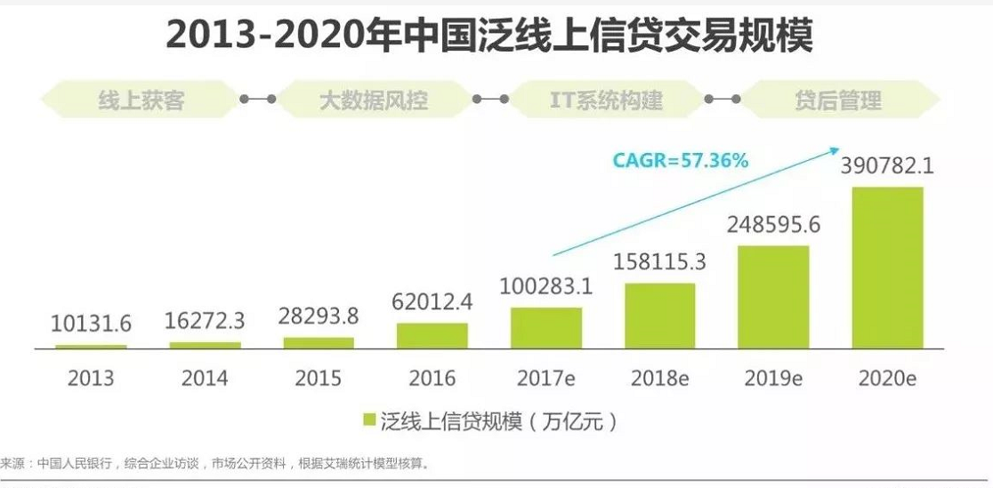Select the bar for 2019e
coord(773,297)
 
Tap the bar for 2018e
coord(659,316)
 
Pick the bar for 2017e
coord(546,328)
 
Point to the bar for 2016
coord(432,335)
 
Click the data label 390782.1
coord(887,166)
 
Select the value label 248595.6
coord(773,225)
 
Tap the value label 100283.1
coord(546,288)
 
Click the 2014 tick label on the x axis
coord(205,378)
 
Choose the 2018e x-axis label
coord(659,378)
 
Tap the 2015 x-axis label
coord(319,378)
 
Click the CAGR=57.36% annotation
coord(681,161)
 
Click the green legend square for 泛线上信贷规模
coord(368,420)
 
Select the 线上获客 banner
coord(141,100)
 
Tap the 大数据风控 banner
coord(374,100)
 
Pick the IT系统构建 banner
coord(606,100)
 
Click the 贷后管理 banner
coord(838,100)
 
